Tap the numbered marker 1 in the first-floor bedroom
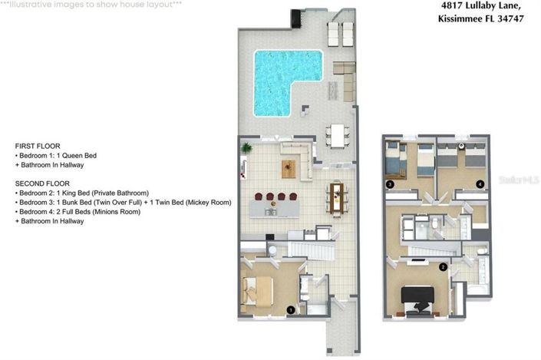291,310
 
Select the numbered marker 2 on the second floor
443,267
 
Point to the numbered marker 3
390,184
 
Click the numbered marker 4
480,184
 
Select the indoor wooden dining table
336,197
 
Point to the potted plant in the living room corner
247,147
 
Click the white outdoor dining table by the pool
338,134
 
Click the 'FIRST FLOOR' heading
38,145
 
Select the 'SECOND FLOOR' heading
42,183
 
